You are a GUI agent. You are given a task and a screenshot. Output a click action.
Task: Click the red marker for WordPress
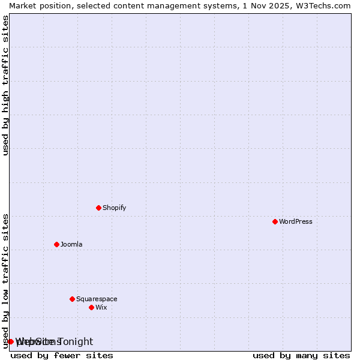pos(275,221)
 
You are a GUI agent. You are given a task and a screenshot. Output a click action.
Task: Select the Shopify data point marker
pos(98,208)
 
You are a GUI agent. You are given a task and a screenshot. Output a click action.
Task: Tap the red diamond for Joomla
pos(56,244)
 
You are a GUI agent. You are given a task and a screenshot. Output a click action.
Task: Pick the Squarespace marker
pos(72,299)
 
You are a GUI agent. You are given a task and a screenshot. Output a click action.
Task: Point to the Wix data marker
pos(91,307)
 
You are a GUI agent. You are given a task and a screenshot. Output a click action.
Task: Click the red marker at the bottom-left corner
pos(10,341)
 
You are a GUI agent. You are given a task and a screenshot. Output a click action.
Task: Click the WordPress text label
pos(296,221)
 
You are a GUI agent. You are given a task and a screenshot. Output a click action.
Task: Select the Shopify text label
pos(114,208)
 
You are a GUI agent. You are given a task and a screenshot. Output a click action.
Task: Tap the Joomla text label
pos(71,244)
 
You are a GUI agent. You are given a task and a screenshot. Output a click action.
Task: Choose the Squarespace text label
pos(97,299)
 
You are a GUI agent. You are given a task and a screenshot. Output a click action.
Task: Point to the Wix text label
pos(101,307)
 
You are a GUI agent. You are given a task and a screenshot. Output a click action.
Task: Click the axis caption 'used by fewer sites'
pos(62,355)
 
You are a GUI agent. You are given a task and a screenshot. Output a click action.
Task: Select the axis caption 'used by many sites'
pos(301,355)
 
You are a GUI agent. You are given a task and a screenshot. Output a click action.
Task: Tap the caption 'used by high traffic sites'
pos(6,85)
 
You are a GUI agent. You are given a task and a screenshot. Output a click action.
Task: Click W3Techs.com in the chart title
pos(327,5)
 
